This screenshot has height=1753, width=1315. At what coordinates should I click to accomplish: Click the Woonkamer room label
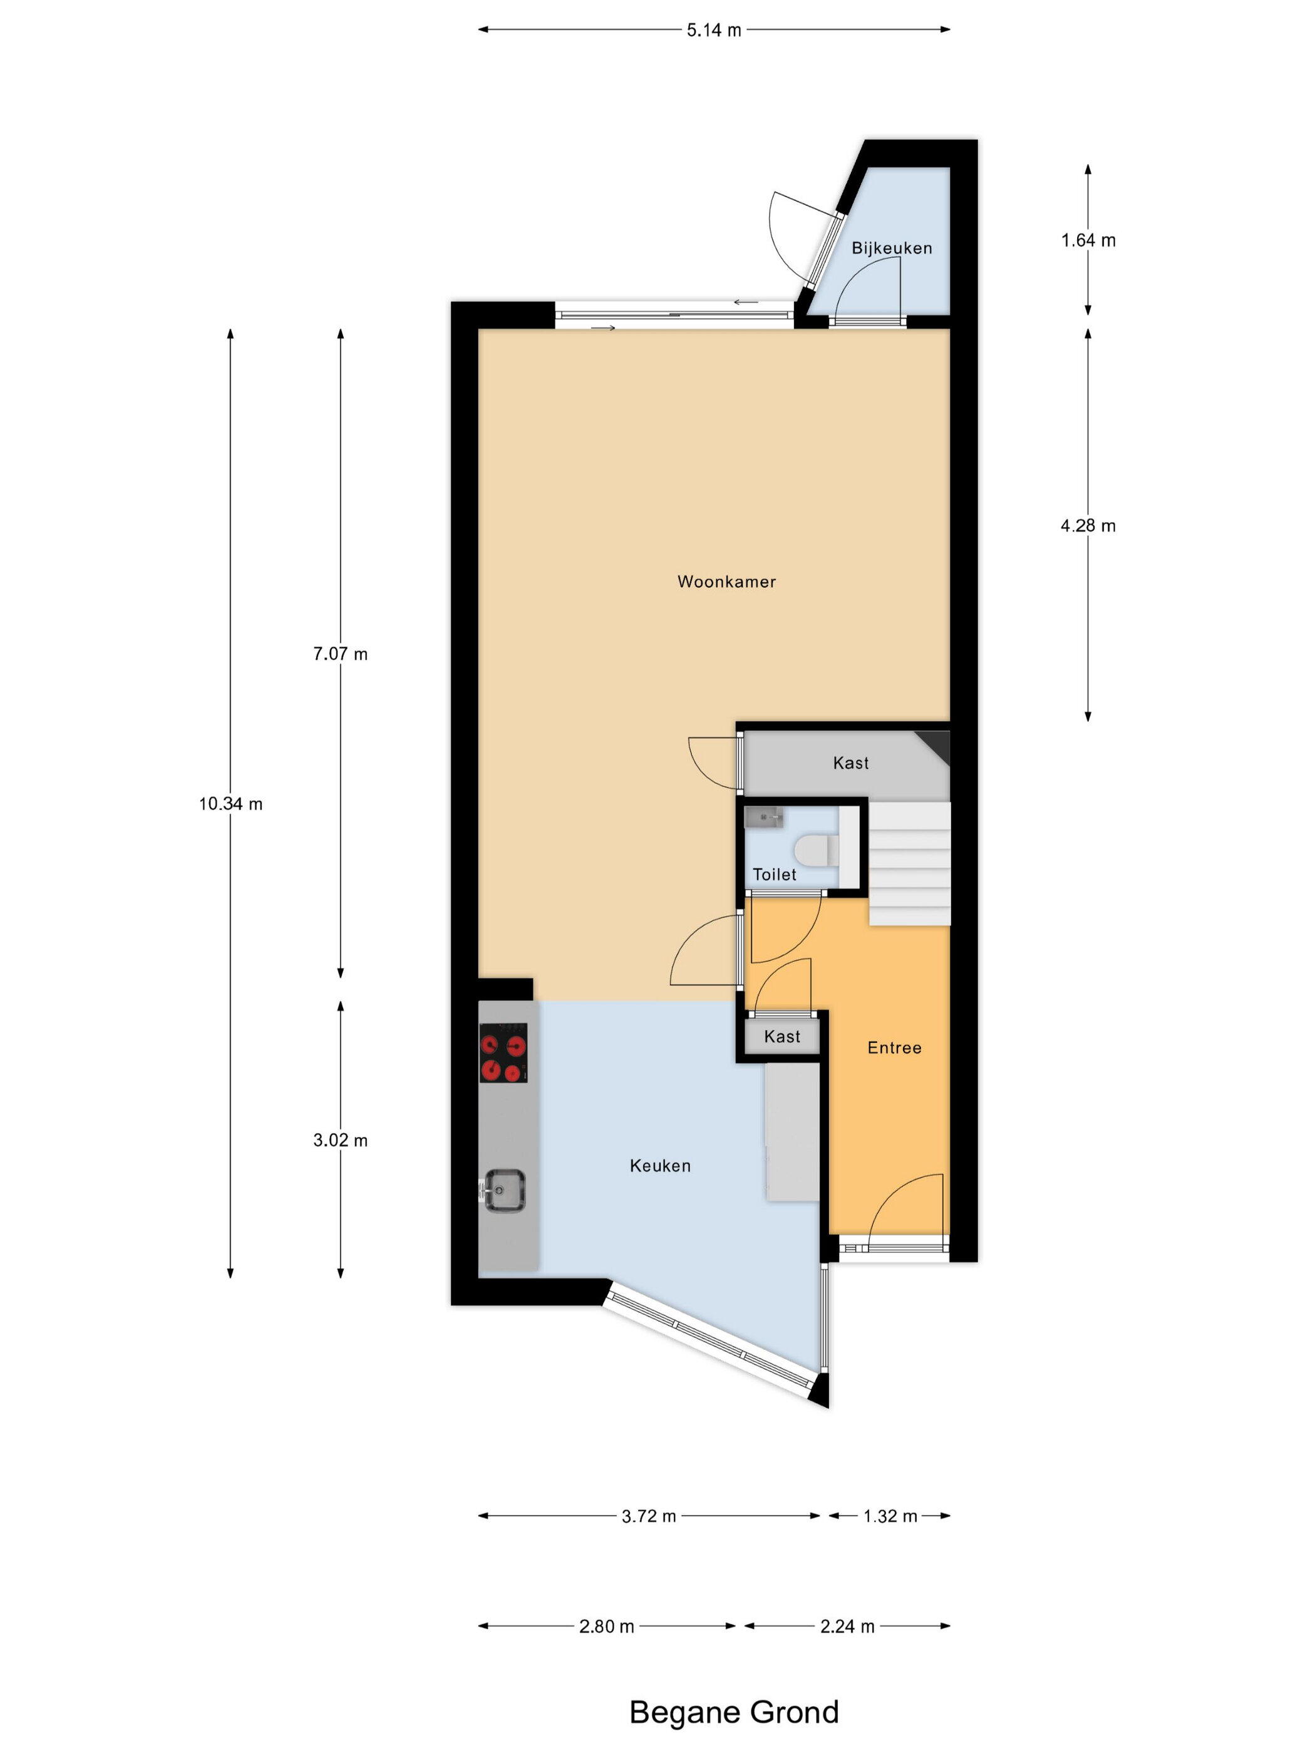(726, 582)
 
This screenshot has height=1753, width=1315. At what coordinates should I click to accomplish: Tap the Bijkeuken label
(892, 248)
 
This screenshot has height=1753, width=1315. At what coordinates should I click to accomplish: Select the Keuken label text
(660, 1166)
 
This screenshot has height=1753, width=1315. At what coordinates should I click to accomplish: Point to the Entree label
(894, 1047)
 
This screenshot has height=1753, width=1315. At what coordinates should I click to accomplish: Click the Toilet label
(775, 874)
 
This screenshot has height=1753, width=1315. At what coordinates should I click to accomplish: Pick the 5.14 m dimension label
(714, 30)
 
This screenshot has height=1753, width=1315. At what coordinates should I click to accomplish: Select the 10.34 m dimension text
(230, 804)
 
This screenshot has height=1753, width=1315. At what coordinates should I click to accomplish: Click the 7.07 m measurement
(341, 654)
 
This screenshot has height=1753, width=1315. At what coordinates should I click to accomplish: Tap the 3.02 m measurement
(341, 1141)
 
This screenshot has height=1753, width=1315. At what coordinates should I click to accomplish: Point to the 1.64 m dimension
(1088, 240)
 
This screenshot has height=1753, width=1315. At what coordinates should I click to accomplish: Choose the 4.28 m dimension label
(1088, 525)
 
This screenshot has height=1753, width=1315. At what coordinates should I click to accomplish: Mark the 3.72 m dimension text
(649, 1516)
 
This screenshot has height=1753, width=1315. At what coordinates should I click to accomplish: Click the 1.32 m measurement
(890, 1516)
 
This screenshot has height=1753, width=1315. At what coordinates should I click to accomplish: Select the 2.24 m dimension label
(847, 1626)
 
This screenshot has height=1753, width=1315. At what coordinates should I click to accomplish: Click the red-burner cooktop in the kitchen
(503, 1052)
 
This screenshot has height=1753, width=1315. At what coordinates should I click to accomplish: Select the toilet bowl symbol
(815, 850)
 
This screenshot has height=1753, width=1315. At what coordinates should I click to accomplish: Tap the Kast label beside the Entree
(782, 1037)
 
